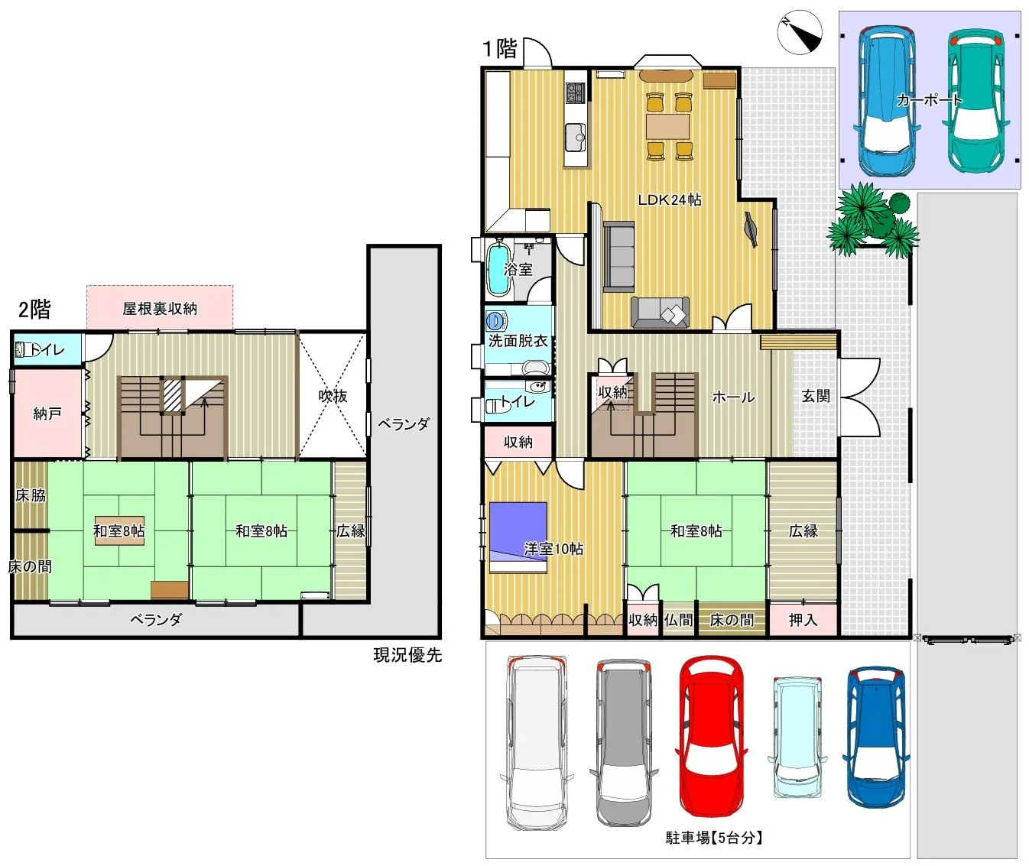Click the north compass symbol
point(800,32)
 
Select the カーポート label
point(929,100)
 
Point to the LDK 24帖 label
point(669,199)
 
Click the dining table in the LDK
point(667,127)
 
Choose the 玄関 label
point(815,396)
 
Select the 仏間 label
point(678,620)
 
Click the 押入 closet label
point(803,620)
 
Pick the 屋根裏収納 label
point(160,309)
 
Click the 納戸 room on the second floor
point(47,413)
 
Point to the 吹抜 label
point(333,396)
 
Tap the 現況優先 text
point(407,655)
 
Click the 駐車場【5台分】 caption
point(714,838)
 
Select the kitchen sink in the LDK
point(575,138)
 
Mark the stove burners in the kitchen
point(575,92)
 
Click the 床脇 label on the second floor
point(31,495)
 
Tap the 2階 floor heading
point(34,310)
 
